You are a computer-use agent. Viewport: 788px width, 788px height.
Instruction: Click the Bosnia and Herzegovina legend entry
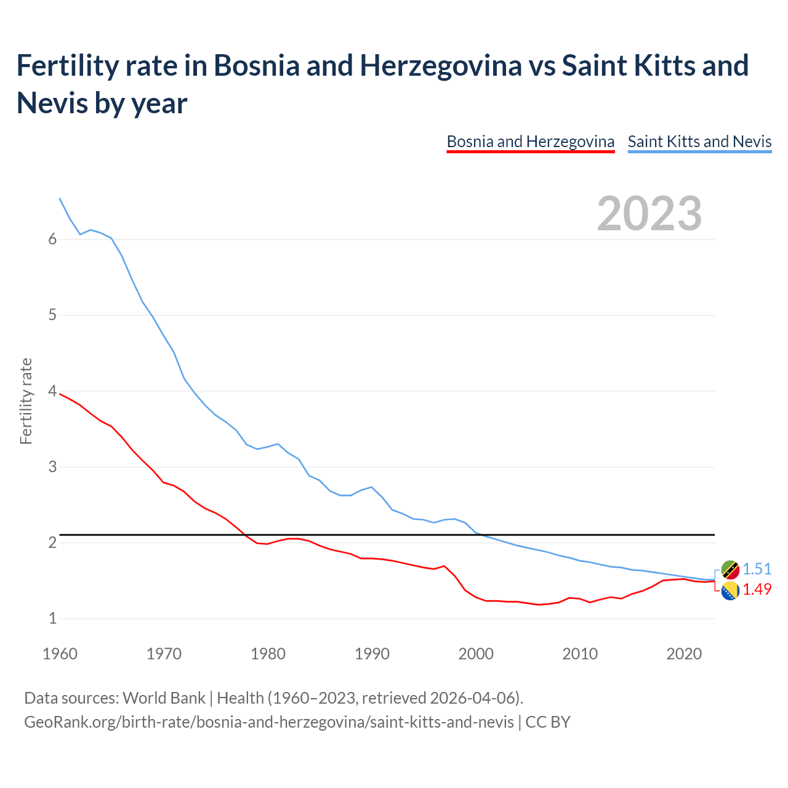pos(530,142)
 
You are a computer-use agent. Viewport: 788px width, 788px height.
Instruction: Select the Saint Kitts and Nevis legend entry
pos(699,142)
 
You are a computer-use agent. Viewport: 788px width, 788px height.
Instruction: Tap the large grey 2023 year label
pos(649,214)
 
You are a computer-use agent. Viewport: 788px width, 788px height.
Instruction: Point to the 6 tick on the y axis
pos(52,239)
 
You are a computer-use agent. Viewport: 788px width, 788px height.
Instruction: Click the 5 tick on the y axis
pos(52,315)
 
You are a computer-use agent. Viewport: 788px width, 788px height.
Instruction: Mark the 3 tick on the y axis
pos(52,467)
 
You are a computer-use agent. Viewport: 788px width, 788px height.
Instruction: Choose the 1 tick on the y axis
pos(52,618)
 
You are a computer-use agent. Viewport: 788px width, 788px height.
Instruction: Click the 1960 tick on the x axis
pos(60,654)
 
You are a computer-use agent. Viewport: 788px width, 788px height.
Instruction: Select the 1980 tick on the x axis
pos(268,654)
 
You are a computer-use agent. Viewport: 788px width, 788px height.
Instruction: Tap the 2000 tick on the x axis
pos(476,654)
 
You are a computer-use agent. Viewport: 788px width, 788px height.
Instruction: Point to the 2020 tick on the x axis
pos(684,654)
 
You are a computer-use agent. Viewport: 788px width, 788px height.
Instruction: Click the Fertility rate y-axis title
pos(26,401)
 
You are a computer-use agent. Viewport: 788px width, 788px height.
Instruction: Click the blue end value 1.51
pos(757,569)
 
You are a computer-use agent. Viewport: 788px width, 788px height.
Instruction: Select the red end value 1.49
pos(757,589)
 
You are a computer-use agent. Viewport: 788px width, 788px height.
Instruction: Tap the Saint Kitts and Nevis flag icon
pos(730,569)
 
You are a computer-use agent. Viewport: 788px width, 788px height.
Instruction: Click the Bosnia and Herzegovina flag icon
pos(730,590)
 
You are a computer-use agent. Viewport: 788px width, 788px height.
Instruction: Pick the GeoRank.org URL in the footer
pos(268,722)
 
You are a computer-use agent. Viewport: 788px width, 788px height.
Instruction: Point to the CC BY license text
pos(548,722)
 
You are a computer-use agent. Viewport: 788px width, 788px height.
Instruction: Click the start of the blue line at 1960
pos(60,198)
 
